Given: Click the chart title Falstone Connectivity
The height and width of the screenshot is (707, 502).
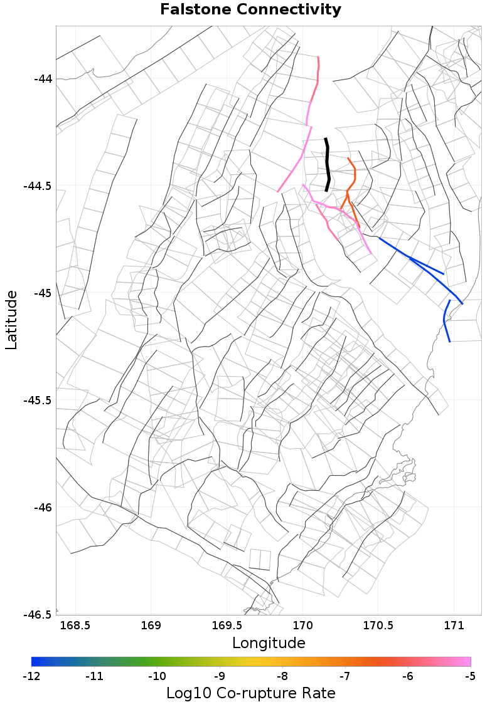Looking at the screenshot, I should (x=251, y=10).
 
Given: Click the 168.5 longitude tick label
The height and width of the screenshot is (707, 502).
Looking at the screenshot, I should (x=75, y=626).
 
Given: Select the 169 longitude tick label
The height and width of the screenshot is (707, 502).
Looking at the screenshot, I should (x=151, y=626).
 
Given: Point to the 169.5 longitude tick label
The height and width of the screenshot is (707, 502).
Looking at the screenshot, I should (x=227, y=626).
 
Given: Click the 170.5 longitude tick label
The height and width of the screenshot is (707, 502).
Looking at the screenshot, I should (x=378, y=626).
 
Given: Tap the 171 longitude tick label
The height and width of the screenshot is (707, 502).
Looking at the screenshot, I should (x=453, y=626).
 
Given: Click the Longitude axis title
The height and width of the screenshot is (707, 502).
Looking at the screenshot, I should (x=269, y=643).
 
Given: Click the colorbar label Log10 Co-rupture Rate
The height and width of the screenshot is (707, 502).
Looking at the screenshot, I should (x=251, y=694).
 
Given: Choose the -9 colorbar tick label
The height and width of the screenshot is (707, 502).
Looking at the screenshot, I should (x=220, y=676).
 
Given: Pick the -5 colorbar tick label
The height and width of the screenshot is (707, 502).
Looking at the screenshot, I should (x=471, y=676).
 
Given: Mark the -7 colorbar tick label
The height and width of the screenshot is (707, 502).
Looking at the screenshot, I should (x=345, y=676).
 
